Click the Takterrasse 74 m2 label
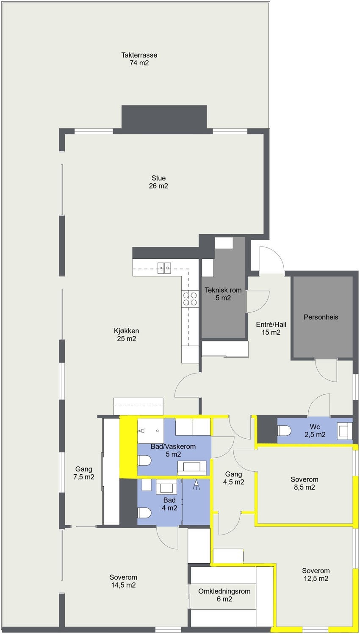(x=139, y=59)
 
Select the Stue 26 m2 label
(x=158, y=182)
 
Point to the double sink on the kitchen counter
(x=164, y=267)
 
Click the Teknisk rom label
(x=223, y=294)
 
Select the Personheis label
(x=321, y=317)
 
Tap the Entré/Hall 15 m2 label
(x=271, y=328)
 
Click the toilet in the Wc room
(x=284, y=431)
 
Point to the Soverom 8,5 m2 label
(x=304, y=483)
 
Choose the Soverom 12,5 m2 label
(x=316, y=574)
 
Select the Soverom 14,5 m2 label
(x=123, y=581)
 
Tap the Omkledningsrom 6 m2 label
(x=224, y=595)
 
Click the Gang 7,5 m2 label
(x=84, y=473)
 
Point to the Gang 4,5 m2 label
(x=233, y=478)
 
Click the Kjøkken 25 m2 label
(x=126, y=335)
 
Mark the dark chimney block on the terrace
(x=164, y=117)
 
